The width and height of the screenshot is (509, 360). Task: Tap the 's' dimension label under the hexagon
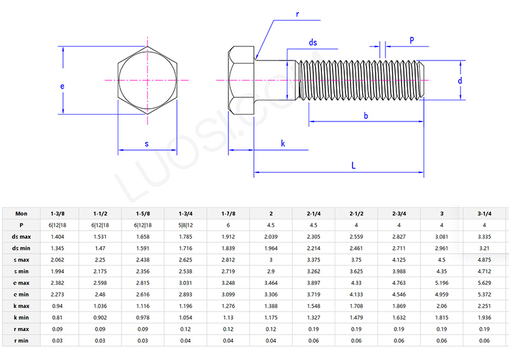click(x=147, y=144)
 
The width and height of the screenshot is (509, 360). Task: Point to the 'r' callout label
click(x=297, y=13)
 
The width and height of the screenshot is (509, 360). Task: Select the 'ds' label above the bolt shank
click(x=313, y=43)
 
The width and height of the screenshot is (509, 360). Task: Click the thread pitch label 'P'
click(x=412, y=40)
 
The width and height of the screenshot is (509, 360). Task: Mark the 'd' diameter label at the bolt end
click(x=459, y=81)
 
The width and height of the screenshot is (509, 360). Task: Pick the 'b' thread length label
click(x=365, y=115)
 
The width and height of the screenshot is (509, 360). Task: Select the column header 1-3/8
click(x=57, y=214)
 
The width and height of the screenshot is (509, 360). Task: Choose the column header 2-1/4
click(x=313, y=214)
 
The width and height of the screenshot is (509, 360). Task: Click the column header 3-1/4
click(x=484, y=214)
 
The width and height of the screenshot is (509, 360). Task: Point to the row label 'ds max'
click(x=22, y=237)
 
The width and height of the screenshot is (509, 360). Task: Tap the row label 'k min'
click(x=22, y=317)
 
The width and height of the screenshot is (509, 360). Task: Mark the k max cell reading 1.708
click(x=356, y=306)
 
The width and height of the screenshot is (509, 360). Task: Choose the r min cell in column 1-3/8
click(x=57, y=340)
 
